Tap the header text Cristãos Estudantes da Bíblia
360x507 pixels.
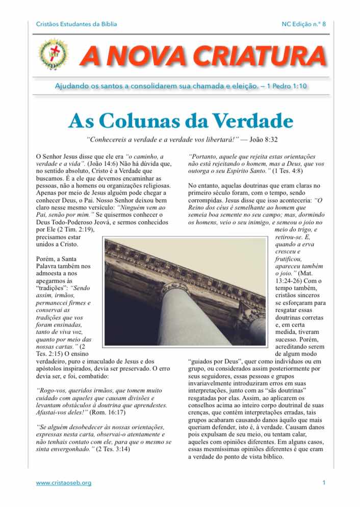pyautogui.click(x=76, y=24)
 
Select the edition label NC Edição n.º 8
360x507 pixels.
pyautogui.click(x=303, y=24)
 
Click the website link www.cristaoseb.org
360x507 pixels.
pyautogui.click(x=64, y=483)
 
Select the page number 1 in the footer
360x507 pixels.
pyautogui.click(x=324, y=483)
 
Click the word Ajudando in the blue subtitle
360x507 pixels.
pyautogui.click(x=72, y=87)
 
